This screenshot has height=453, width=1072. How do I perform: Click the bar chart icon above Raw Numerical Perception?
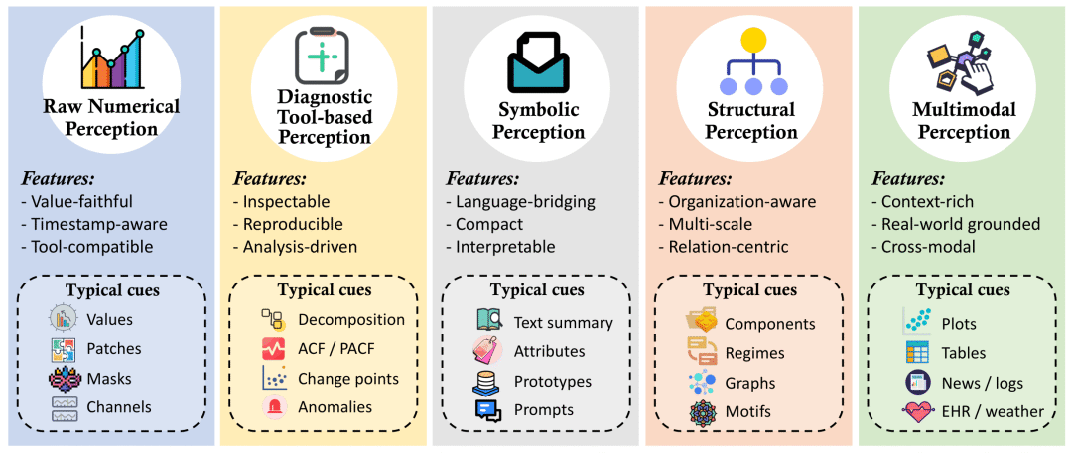pos(112,58)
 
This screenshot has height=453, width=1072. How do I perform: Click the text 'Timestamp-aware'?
pos(93,225)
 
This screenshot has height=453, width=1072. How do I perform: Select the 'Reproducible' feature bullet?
pos(288,224)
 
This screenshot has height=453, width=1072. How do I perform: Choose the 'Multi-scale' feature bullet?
pos(707,224)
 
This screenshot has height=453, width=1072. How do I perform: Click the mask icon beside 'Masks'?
pos(63,379)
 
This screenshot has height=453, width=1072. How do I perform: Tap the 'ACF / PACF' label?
pos(336,349)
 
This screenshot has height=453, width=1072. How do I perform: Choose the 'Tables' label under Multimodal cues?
pos(963,353)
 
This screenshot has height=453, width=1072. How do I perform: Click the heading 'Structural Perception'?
pos(750,120)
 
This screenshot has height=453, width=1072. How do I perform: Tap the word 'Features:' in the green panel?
pos(907,179)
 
